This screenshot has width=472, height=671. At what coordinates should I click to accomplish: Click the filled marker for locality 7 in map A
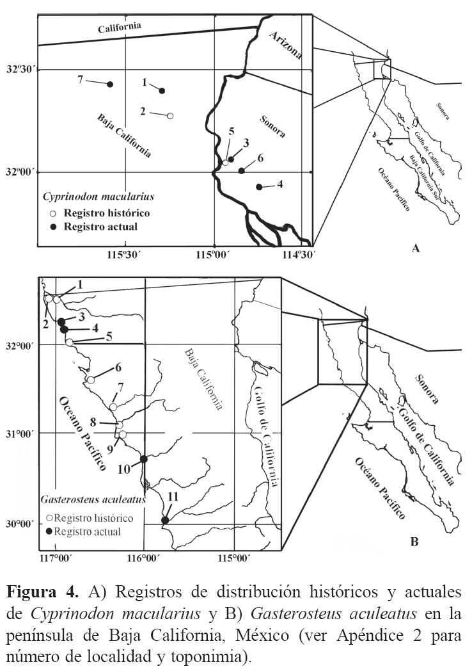110,85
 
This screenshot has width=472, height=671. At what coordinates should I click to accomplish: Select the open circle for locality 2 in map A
170,116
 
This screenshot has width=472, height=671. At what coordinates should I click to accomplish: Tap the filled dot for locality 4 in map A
259,187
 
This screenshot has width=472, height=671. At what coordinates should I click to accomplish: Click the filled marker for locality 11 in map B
165,521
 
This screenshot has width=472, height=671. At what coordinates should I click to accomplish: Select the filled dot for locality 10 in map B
144,459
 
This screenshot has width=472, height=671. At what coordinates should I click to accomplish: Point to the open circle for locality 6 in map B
91,380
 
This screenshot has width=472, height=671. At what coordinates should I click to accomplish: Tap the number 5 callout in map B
109,336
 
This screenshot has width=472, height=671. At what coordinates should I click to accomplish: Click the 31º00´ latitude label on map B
22,433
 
